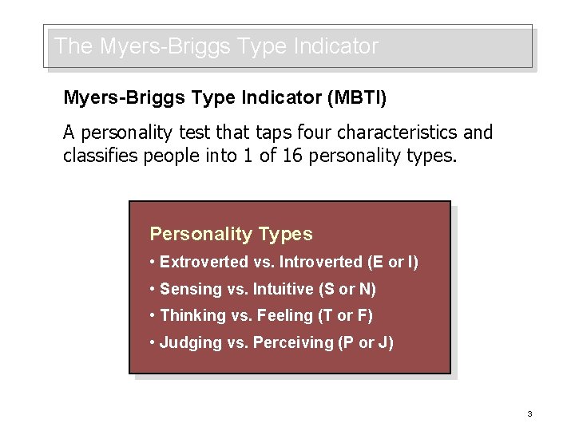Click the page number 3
529,413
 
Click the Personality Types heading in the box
231,235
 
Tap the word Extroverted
204,262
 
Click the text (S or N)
348,289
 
